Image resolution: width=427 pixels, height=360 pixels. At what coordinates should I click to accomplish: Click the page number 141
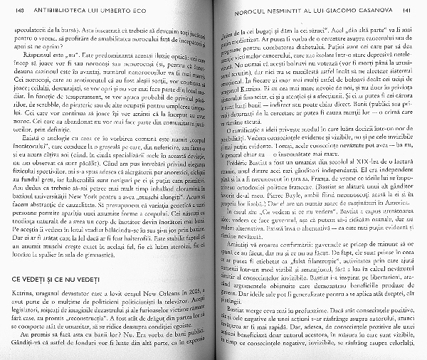point(405,13)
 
